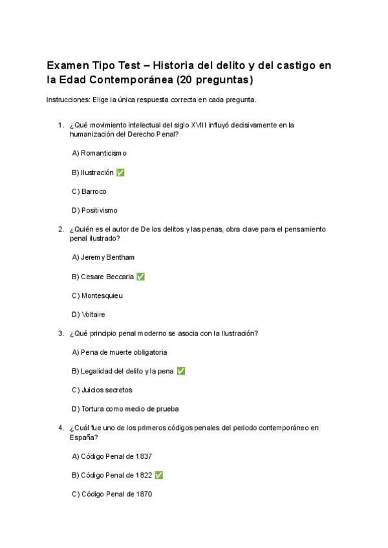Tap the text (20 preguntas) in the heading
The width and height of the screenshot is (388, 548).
click(219, 81)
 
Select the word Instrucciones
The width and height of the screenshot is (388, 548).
click(68, 100)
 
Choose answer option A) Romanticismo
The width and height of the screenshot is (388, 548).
click(99, 153)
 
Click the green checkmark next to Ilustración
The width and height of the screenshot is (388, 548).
click(121, 173)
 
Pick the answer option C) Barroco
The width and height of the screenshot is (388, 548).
click(89, 191)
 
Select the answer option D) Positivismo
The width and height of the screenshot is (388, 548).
click(94, 210)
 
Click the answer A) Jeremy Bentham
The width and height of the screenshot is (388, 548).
click(103, 257)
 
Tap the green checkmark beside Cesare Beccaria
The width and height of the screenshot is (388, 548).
click(141, 277)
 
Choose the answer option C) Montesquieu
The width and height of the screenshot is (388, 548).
click(97, 295)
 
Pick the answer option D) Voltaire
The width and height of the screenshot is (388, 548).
click(89, 315)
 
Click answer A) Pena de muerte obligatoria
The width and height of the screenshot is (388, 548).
click(120, 352)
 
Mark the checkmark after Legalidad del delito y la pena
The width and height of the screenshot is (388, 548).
click(181, 372)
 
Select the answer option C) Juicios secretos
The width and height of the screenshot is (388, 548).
click(102, 390)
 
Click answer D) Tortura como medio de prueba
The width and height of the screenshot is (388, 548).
click(125, 409)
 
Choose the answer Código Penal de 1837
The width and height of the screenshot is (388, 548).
click(112, 456)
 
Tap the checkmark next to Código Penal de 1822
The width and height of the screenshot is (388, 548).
click(159, 476)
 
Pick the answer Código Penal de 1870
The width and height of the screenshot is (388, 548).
click(112, 494)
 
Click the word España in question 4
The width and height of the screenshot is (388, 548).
click(82, 437)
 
